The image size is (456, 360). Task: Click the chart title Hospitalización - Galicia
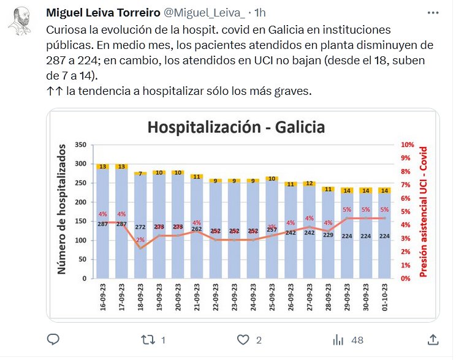235,127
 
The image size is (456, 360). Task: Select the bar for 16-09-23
103,227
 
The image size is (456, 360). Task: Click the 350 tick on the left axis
78,145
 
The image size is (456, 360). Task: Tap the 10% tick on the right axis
408,145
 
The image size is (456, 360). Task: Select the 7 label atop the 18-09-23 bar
140,174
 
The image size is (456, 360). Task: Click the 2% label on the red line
140,240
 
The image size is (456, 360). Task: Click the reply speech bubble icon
53,339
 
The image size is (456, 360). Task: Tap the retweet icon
148,339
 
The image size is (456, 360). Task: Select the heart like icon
244,339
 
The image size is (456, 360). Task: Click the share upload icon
433,339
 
